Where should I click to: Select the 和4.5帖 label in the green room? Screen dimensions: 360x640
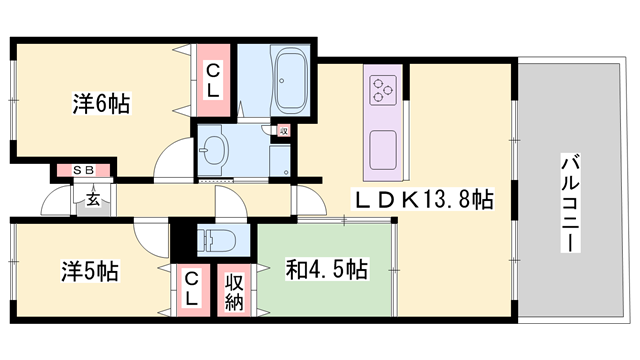tap(326, 270)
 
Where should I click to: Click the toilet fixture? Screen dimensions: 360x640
tap(215, 240)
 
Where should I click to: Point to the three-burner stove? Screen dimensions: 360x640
tap(384, 91)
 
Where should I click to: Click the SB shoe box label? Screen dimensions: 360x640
tap(82, 171)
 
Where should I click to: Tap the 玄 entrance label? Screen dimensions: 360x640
tap(92, 199)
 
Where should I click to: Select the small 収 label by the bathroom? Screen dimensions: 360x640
tap(283, 131)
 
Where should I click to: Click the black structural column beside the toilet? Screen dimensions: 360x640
tap(183, 240)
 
